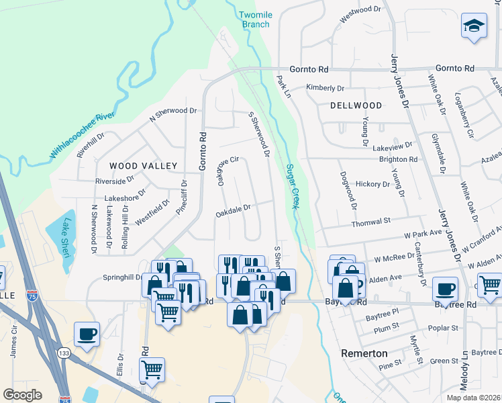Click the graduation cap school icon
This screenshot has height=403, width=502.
[x=474, y=27]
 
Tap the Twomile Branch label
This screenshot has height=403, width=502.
[x=255, y=19]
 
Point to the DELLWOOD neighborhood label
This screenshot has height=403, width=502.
[x=356, y=105]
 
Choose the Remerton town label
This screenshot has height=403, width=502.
[x=364, y=353]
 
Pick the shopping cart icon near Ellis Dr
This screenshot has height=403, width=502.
[x=152, y=369]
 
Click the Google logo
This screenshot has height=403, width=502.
[x=22, y=395]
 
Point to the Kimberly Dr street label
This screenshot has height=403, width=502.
[x=325, y=88]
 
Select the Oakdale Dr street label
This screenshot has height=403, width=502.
[x=233, y=211]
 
